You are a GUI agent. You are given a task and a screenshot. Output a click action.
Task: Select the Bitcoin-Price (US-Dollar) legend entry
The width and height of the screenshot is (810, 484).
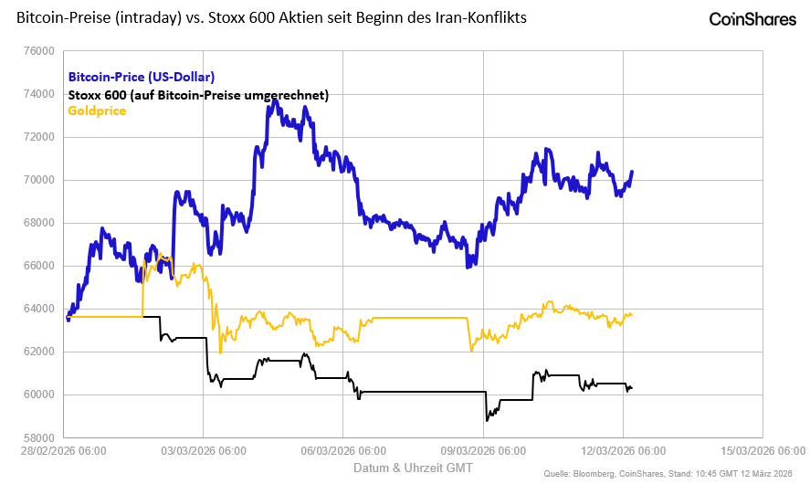(x=142, y=78)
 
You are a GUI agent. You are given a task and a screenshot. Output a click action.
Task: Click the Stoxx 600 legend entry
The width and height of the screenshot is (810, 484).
(x=198, y=94)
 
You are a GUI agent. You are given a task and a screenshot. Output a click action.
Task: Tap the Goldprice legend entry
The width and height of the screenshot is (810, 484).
(x=97, y=110)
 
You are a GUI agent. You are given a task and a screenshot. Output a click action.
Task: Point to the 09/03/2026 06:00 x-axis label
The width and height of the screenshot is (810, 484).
(x=483, y=451)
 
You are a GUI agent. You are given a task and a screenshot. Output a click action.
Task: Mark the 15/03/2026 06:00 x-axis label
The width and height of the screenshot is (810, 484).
(x=762, y=451)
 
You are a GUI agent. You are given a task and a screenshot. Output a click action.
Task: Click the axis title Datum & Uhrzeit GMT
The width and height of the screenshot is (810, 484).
(x=413, y=468)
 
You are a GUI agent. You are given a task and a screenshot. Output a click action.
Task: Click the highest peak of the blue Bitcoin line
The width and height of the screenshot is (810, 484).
(x=275, y=102)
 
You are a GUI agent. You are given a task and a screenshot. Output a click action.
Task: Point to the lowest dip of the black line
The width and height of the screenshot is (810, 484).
(x=488, y=419)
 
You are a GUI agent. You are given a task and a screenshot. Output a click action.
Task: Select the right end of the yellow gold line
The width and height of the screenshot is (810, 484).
(x=632, y=315)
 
